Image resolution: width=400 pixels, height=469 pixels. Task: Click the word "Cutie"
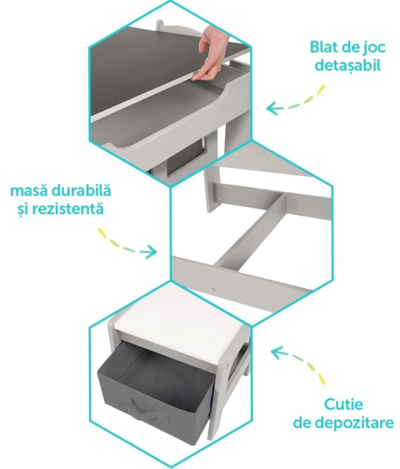click(343, 404)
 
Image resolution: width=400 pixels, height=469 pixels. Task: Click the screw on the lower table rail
click(214, 289)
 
